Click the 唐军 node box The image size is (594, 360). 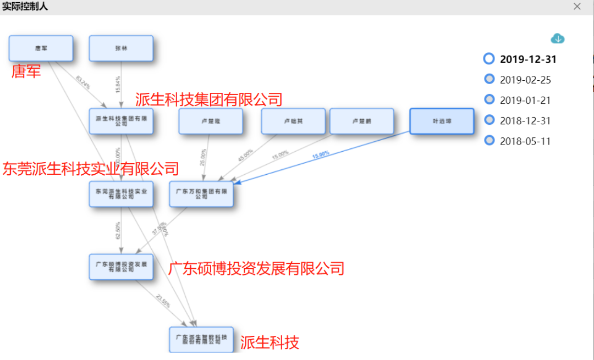(41, 48)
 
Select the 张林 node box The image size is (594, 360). (121, 48)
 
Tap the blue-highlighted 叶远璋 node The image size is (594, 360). (441, 121)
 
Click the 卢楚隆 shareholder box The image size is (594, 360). (211, 121)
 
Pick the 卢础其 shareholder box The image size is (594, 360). (293, 121)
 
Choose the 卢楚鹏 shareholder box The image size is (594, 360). (361, 121)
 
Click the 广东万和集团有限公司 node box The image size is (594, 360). (201, 194)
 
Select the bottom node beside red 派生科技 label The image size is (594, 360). (201, 339)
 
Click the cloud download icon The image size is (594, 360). (558, 38)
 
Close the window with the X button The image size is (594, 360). (577, 7)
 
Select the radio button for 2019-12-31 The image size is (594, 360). (489, 58)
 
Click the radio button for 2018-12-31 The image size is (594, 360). (489, 120)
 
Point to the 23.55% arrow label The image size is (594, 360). (163, 302)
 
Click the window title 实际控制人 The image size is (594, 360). (25, 7)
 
